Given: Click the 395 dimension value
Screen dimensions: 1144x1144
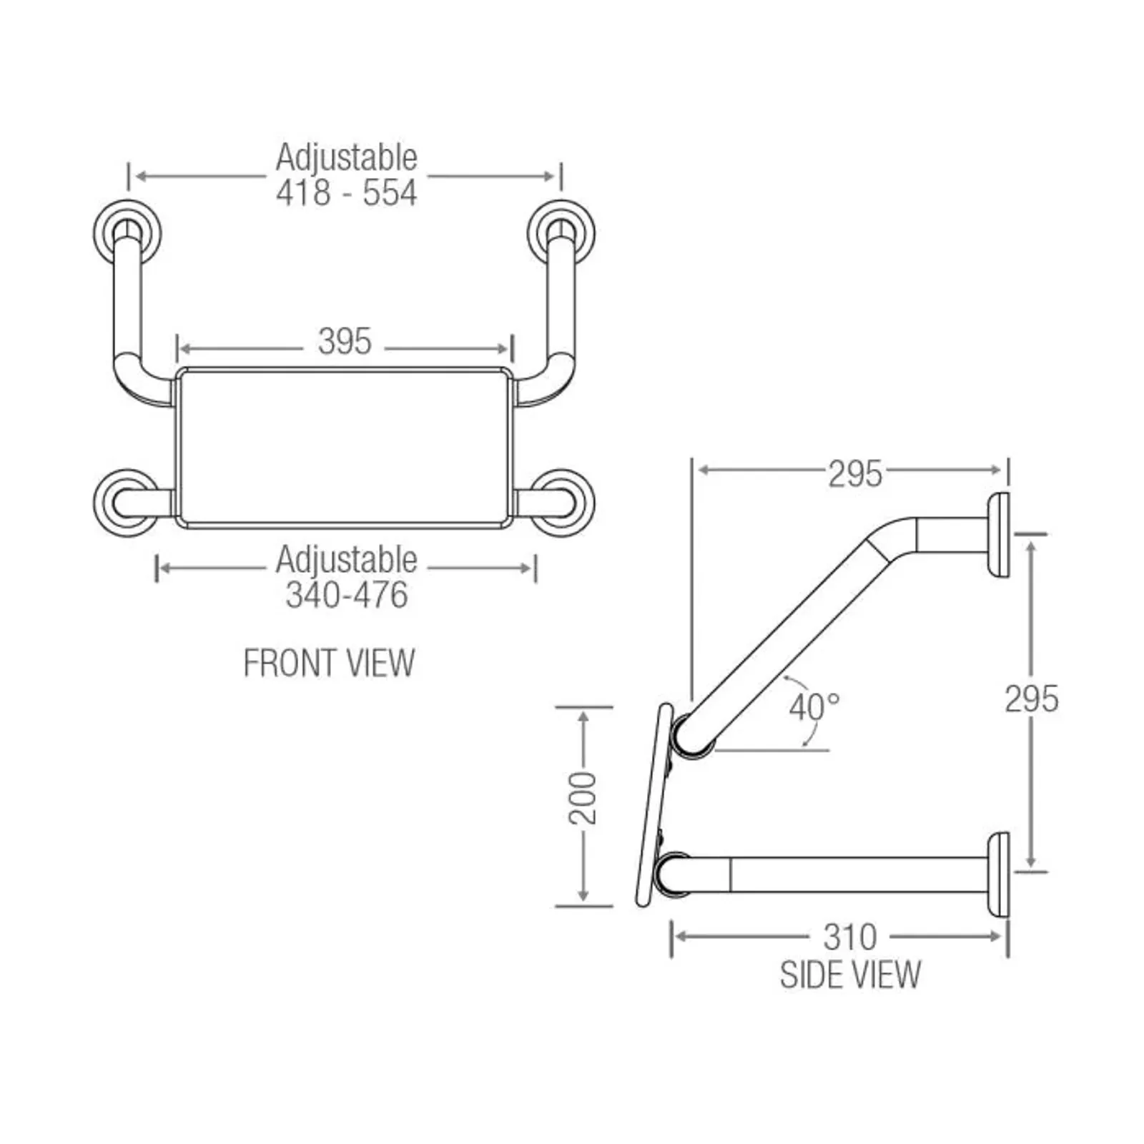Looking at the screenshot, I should tap(345, 342).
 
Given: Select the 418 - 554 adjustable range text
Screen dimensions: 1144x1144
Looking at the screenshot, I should tap(346, 193).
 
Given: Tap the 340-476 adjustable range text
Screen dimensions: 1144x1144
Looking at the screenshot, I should tap(346, 596).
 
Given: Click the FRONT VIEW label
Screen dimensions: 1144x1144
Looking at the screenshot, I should tap(329, 663).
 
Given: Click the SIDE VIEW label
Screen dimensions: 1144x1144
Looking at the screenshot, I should tap(850, 975).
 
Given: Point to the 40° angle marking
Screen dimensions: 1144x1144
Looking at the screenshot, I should tap(814, 708).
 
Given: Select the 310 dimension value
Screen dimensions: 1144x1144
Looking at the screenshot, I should tap(849, 937).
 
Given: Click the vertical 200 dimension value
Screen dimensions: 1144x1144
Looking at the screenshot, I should tap(583, 798).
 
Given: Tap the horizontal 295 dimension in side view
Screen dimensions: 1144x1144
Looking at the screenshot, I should tap(855, 474).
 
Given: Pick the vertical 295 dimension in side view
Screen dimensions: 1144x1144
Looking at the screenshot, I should tap(1031, 699).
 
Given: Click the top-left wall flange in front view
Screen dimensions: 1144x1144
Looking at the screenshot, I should tap(127, 233).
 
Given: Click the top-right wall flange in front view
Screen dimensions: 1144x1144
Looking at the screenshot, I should tap(562, 233).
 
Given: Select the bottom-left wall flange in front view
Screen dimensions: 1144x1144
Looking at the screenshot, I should tap(126, 502).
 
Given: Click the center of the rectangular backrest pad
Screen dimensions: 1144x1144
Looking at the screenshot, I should tap(345, 448).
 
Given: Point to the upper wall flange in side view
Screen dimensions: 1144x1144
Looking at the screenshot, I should tap(998, 534).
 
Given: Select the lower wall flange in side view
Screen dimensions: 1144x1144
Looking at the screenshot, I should tap(998, 874).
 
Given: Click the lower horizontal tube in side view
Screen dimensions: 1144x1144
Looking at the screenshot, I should tap(844, 874).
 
